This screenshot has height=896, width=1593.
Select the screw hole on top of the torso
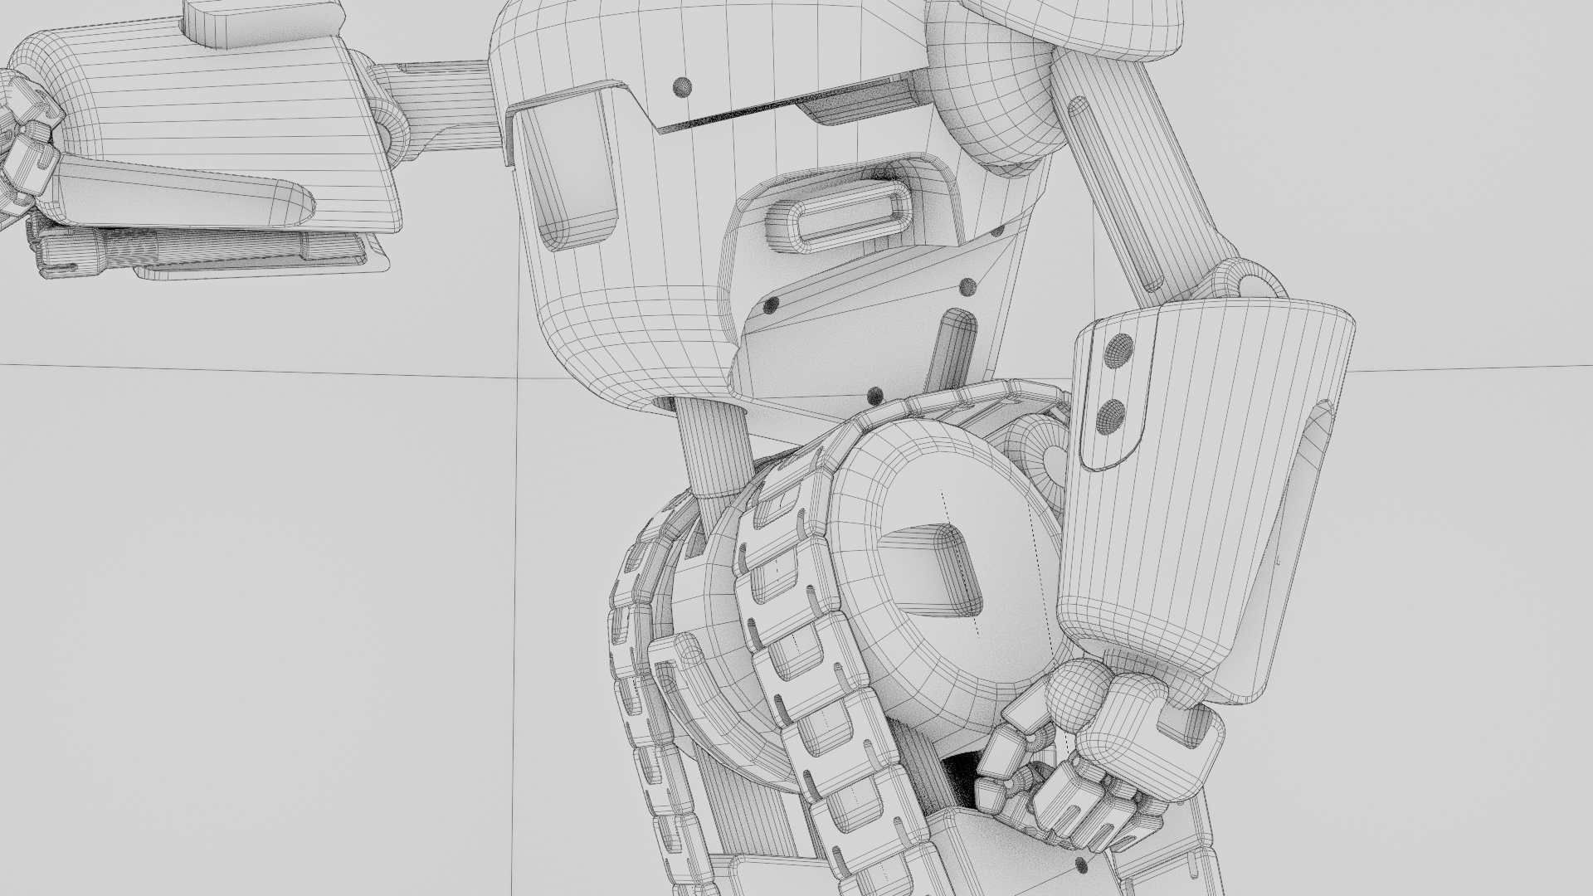pyautogui.click(x=682, y=86)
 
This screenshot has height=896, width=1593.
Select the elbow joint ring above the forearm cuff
pyautogui.click(x=1245, y=282)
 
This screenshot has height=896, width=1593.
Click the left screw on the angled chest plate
pyautogui.click(x=771, y=304)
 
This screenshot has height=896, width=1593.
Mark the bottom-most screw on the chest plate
pyautogui.click(x=874, y=394)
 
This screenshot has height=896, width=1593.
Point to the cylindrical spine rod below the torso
pyautogui.click(x=714, y=448)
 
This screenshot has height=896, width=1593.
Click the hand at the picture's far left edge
pyautogui.click(x=25, y=141)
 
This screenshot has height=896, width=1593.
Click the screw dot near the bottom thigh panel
pyautogui.click(x=1081, y=865)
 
